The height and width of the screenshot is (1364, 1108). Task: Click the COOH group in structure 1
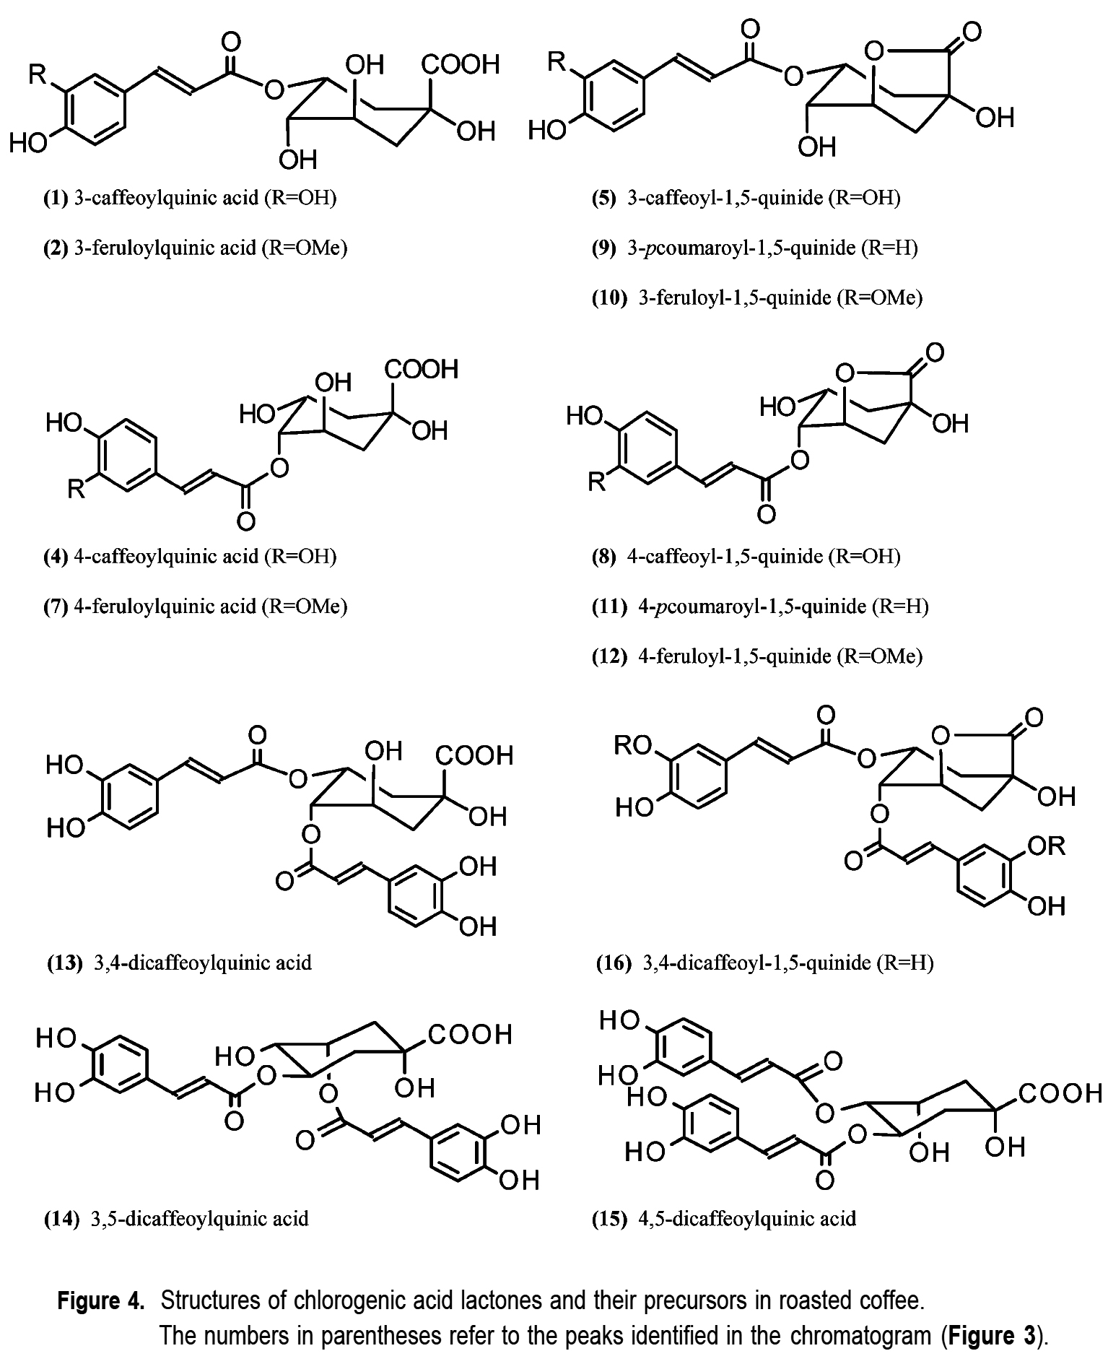click(x=461, y=65)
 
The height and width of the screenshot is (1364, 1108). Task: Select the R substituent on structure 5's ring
click(x=557, y=62)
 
